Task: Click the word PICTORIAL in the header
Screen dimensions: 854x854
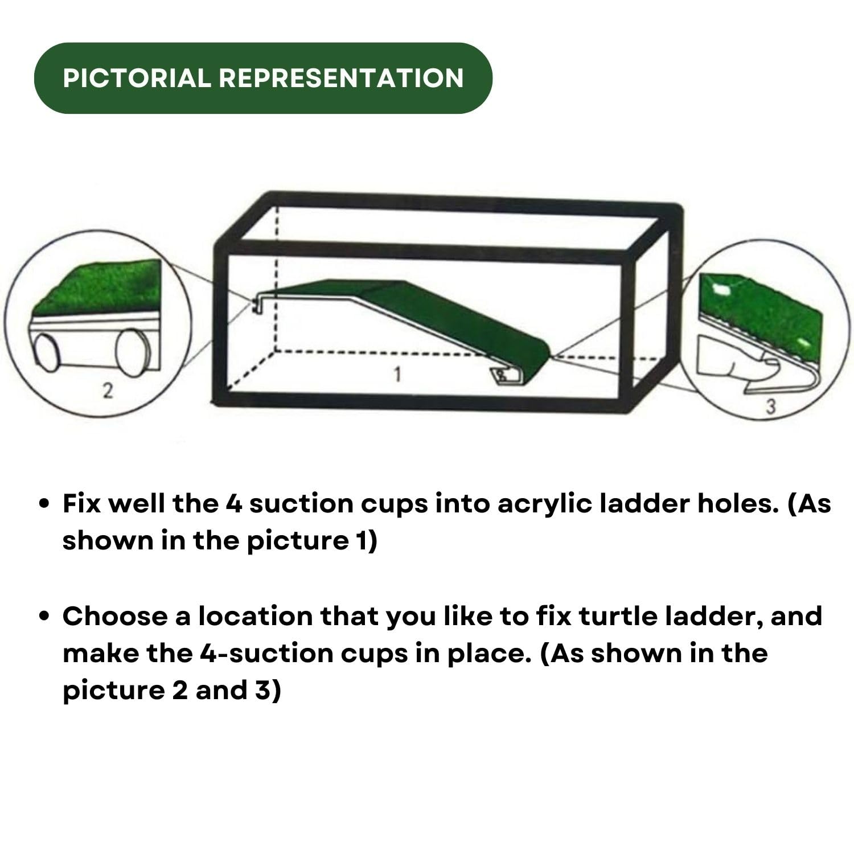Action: point(137,78)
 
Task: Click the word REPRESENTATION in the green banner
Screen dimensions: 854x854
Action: point(341,78)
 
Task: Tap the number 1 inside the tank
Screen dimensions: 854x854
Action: point(397,375)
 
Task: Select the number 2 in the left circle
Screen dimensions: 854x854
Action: point(107,391)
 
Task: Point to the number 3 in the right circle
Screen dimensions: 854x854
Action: point(770,407)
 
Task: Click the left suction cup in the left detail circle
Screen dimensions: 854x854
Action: point(47,353)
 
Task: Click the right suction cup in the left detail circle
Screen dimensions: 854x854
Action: point(132,353)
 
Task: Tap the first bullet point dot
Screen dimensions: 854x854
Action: point(44,504)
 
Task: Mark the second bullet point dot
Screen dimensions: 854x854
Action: point(44,617)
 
